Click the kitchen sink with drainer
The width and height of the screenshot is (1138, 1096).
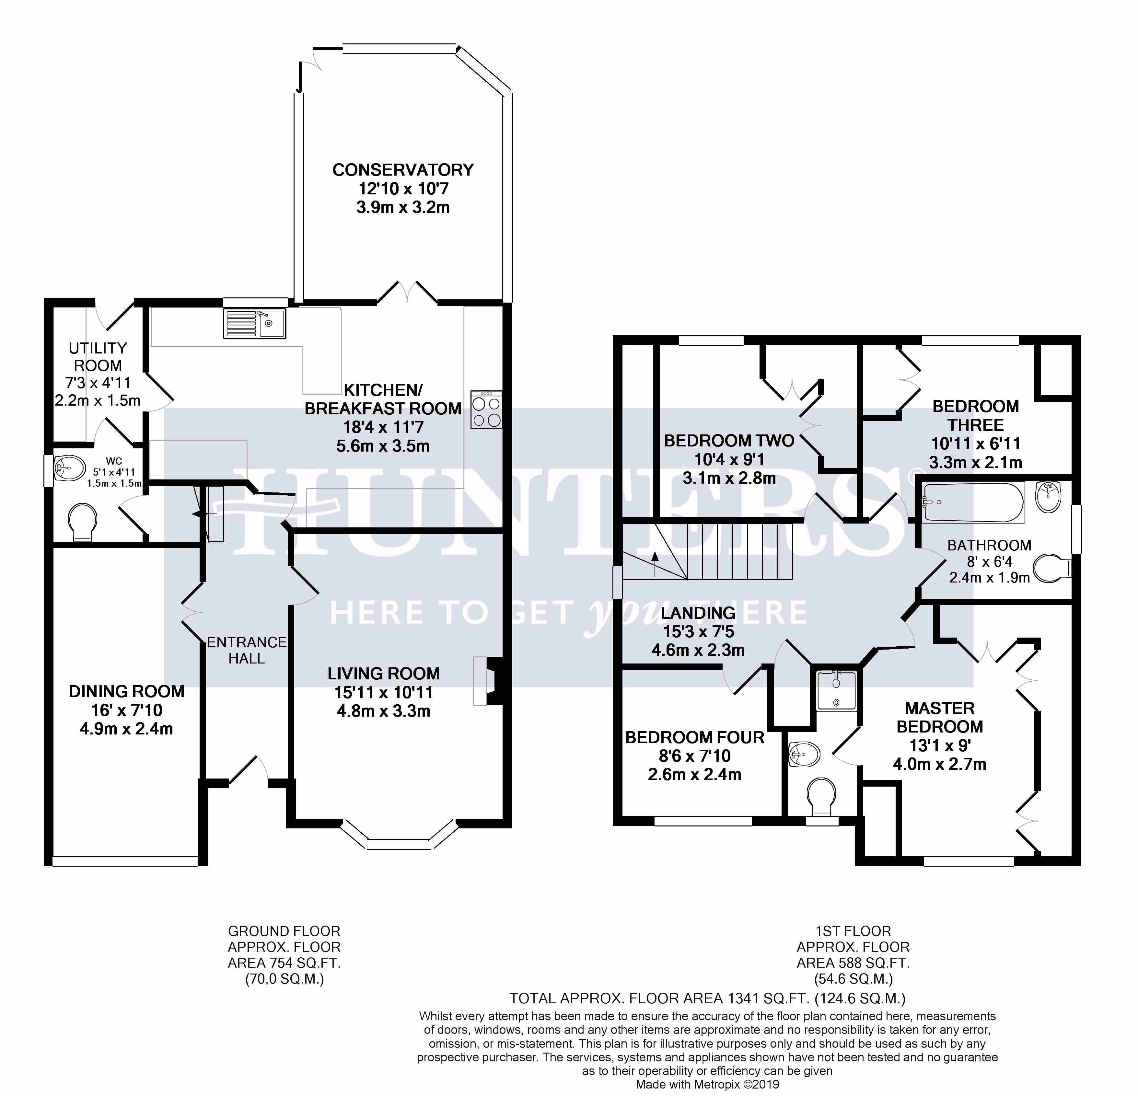pyautogui.click(x=254, y=323)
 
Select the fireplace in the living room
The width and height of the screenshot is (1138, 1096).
pyautogui.click(x=488, y=681)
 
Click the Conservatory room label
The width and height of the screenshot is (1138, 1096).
pyautogui.click(x=403, y=170)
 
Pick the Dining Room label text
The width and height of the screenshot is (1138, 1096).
pyautogui.click(x=127, y=691)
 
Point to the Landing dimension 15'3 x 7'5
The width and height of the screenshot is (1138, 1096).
pyautogui.click(x=699, y=631)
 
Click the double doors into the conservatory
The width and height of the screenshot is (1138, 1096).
pyautogui.click(x=408, y=293)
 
